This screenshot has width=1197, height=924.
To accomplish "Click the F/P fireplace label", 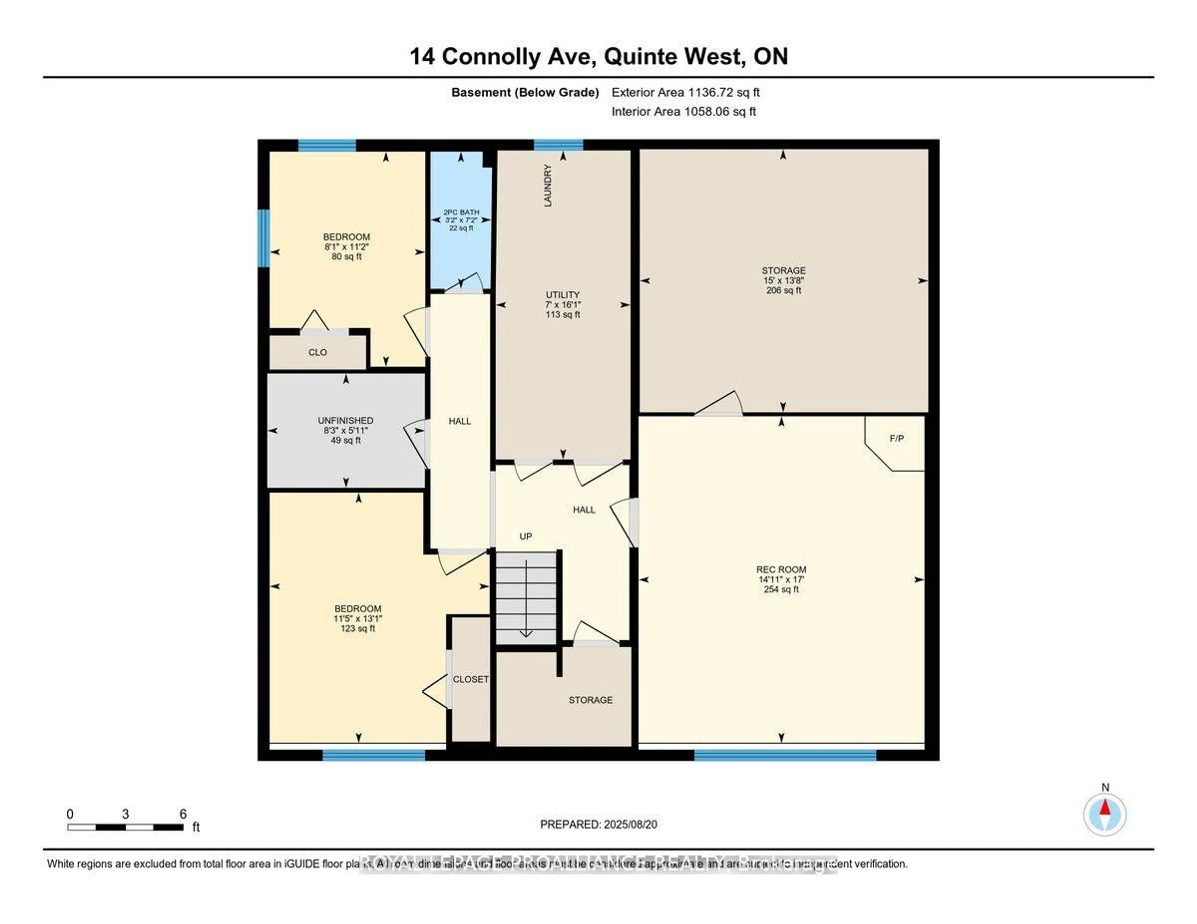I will click(x=896, y=439).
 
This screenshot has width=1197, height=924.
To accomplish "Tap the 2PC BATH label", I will click(x=461, y=212).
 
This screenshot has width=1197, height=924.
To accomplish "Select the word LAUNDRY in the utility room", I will click(x=547, y=185).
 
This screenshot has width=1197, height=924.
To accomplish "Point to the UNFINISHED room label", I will click(x=345, y=420).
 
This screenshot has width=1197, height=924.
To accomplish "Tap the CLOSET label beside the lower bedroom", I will click(x=470, y=679).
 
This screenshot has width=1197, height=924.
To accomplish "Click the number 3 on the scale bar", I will click(x=126, y=814).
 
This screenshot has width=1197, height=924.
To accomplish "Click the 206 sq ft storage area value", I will click(x=783, y=290).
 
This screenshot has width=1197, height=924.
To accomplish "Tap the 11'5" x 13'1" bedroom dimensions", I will click(x=358, y=618).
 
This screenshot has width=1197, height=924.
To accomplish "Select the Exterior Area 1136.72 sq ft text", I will click(x=685, y=93).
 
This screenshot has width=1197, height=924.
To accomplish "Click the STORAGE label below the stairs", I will click(x=590, y=700).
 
